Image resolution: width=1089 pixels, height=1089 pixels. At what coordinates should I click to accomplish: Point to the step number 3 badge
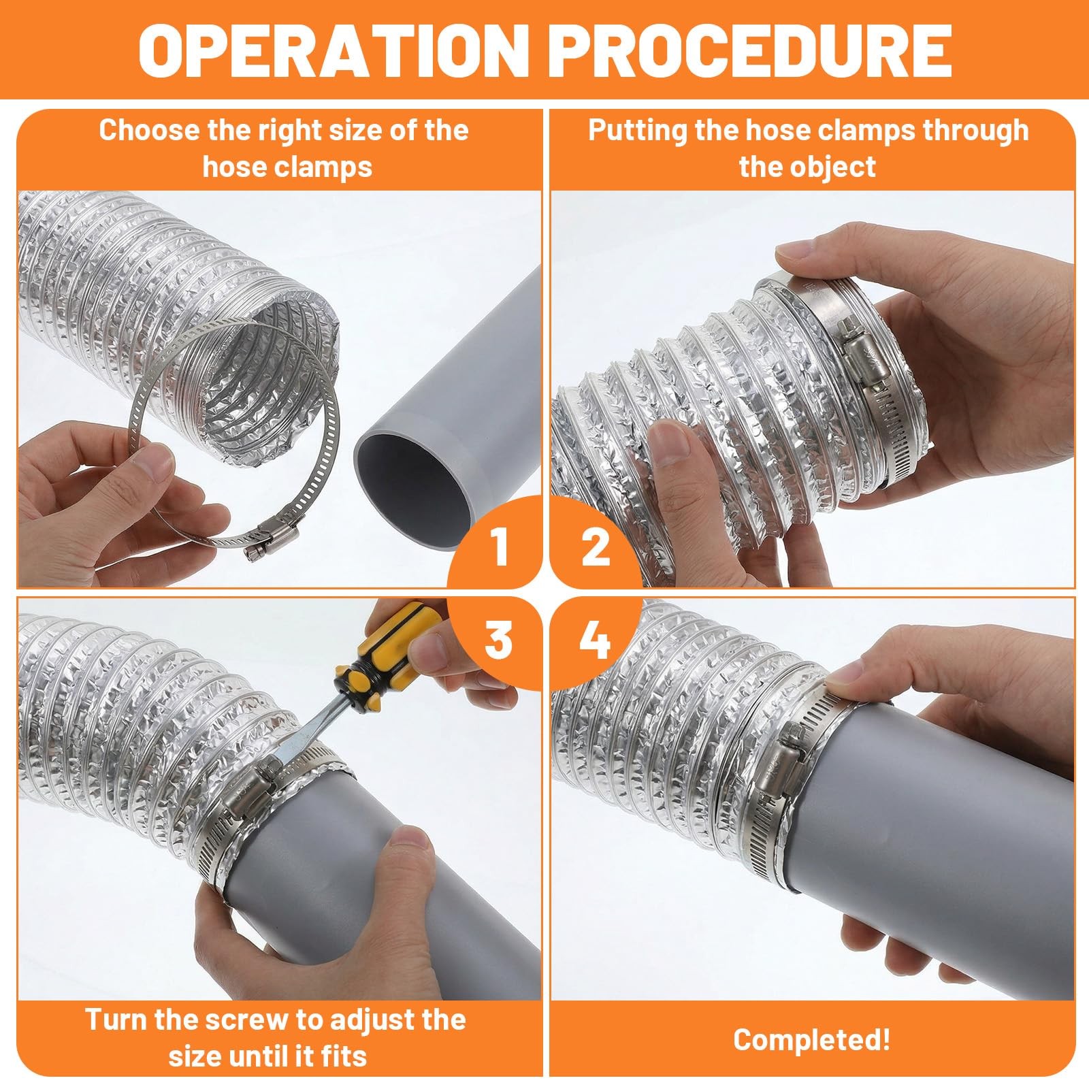[x=499, y=640]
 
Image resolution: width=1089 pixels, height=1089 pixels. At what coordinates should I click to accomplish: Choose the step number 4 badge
[x=594, y=640]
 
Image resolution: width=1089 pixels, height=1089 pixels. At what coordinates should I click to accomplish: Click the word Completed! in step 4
[x=811, y=1039]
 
